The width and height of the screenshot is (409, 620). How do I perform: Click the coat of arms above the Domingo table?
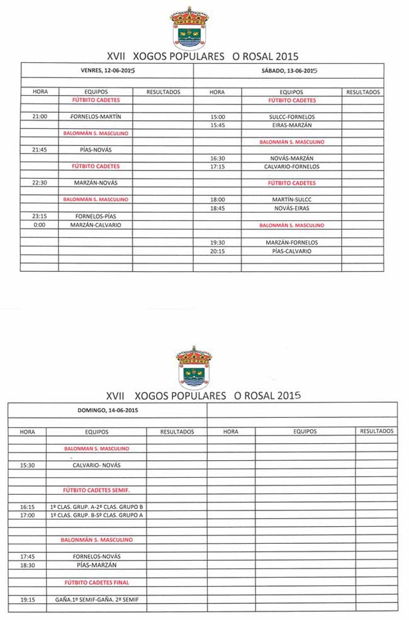click(194, 368)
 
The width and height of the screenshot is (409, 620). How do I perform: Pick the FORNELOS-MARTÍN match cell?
click(96, 117)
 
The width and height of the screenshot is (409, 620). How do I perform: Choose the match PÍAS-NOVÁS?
click(96, 150)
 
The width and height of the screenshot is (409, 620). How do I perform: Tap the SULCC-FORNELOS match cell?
click(291, 117)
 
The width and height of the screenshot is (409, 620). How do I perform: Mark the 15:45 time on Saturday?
click(217, 125)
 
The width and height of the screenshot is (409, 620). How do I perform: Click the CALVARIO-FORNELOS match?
click(291, 167)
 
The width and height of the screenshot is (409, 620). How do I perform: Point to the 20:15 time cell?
click(217, 251)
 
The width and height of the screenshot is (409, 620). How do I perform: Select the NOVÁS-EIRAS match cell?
click(291, 208)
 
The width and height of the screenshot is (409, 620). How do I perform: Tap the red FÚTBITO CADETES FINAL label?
click(96, 583)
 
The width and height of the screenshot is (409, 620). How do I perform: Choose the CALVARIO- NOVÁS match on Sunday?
click(96, 465)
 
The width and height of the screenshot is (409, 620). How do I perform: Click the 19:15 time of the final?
click(27, 600)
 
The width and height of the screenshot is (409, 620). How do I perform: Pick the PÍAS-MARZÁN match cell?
click(96, 565)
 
